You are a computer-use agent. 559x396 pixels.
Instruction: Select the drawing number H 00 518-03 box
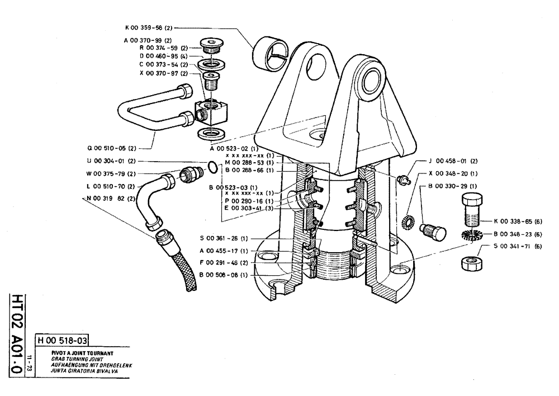62,340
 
